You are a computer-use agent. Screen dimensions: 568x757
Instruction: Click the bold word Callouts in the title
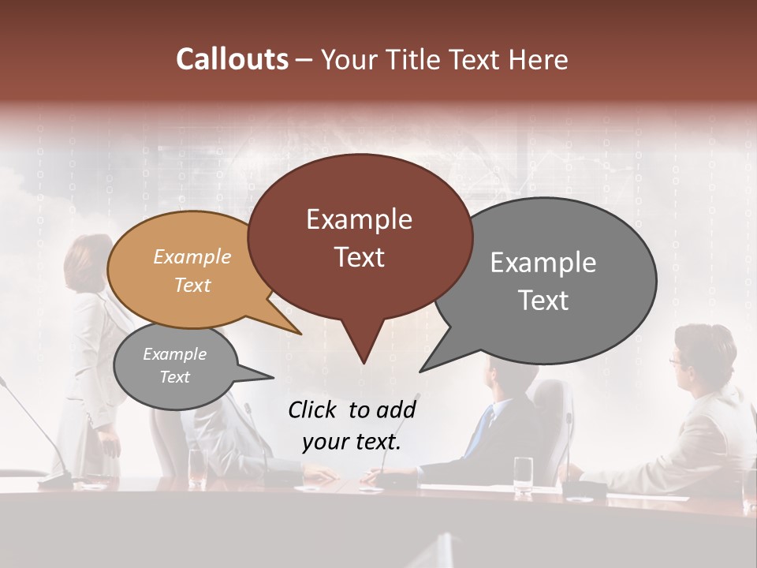tap(232, 59)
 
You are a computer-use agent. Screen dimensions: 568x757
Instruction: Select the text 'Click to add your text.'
tap(352, 426)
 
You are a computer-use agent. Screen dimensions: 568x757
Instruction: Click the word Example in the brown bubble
tap(359, 219)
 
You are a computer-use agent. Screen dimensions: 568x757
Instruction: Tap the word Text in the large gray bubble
tap(543, 301)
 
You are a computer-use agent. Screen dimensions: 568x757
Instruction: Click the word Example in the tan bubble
tap(192, 257)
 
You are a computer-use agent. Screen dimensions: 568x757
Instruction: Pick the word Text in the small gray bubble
tap(175, 377)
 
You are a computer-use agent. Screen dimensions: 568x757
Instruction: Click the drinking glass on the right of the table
tap(523, 475)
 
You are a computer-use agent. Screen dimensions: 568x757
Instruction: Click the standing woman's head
tap(88, 256)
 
